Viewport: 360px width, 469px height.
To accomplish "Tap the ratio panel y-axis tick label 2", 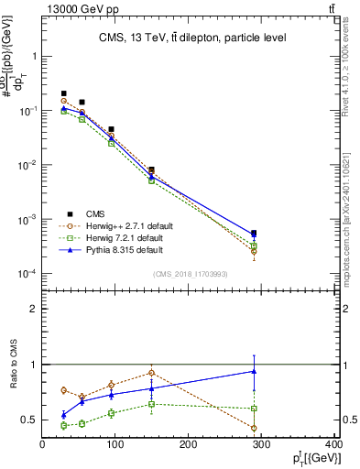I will tap(33, 310).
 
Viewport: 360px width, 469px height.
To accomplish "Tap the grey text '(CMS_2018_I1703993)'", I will tap(191, 274).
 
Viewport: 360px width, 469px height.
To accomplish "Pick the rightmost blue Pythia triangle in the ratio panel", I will tap(254, 371).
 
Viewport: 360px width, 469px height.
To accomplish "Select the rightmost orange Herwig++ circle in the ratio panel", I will tap(254, 428).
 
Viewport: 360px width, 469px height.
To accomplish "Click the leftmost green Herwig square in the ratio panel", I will tap(64, 426).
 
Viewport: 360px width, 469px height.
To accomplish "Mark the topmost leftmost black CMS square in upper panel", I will tap(64, 93).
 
